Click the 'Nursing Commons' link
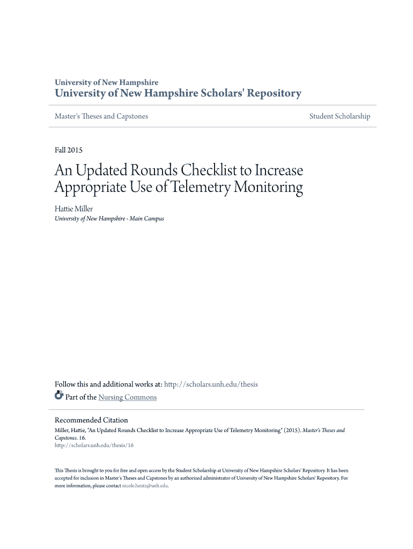coord(128,397)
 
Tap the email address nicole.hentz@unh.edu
coord(145,485)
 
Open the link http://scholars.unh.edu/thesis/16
coord(94,445)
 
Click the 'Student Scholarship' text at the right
coord(340,116)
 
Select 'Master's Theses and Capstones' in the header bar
coord(101,116)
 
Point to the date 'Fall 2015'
coord(69,150)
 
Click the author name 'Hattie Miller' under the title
coord(74,209)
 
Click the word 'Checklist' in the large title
coord(209,170)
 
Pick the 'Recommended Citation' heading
coord(91,420)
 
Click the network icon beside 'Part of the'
coord(59,397)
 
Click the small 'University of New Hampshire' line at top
coord(107,83)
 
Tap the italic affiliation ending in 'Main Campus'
coord(109,219)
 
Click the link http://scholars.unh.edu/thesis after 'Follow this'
coord(211,384)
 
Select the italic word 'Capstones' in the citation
coord(66,437)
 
